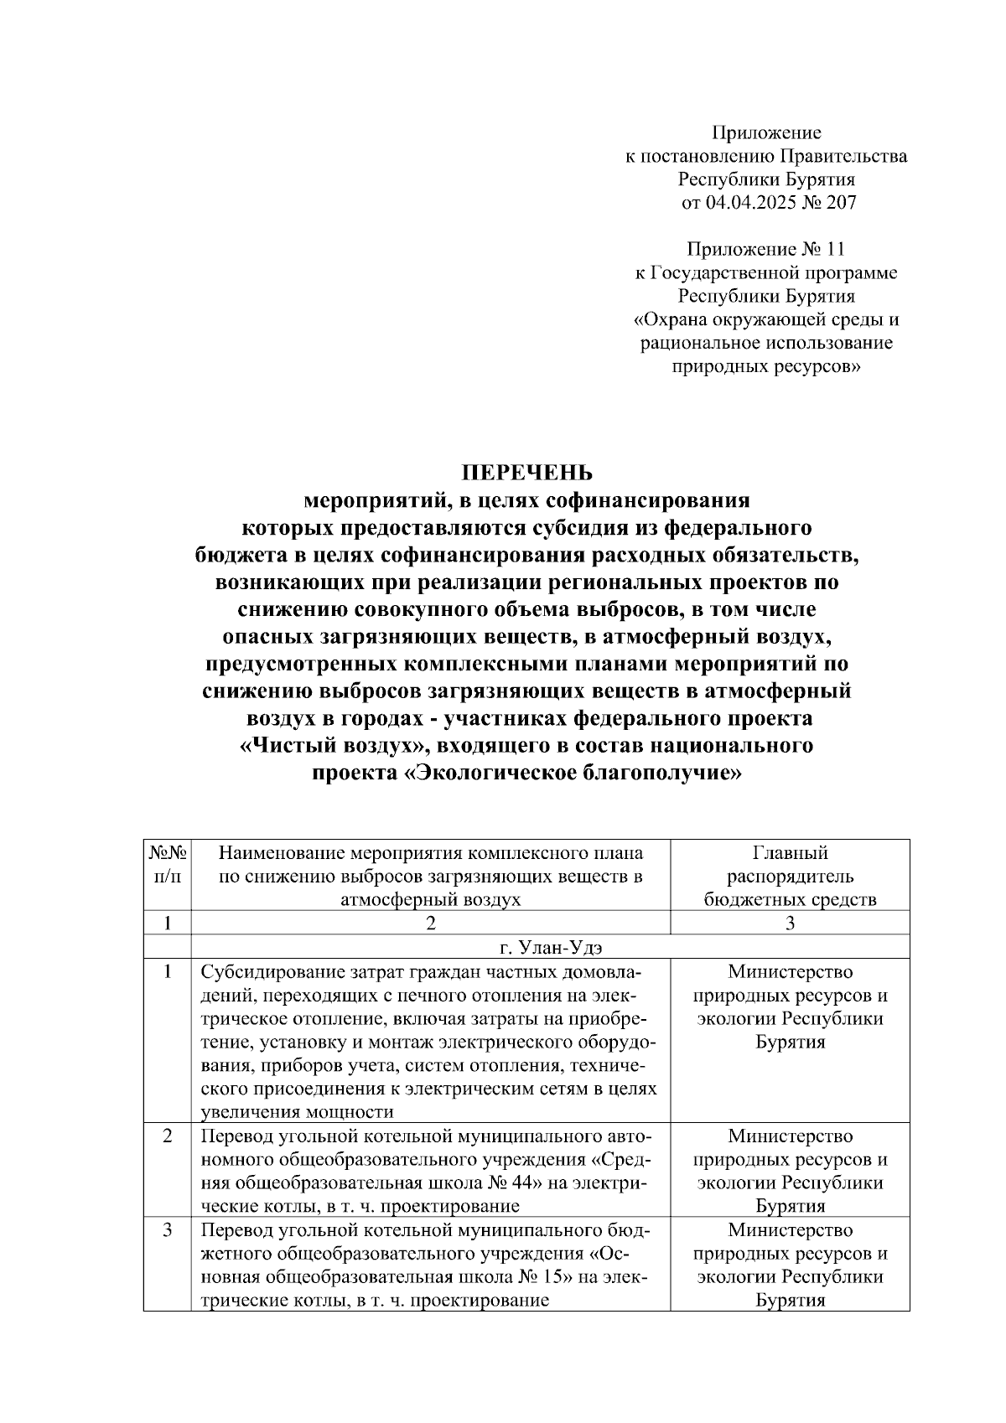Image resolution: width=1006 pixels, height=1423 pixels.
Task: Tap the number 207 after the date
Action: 842,202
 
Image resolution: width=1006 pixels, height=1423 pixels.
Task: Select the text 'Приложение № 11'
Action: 766,249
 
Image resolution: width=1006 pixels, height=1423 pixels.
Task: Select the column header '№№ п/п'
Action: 168,864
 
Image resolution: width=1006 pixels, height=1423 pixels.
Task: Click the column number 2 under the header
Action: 430,923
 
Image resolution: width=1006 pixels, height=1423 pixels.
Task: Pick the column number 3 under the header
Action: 790,923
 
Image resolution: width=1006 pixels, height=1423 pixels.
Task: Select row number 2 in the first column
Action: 168,1137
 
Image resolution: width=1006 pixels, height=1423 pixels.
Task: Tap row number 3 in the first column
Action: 168,1231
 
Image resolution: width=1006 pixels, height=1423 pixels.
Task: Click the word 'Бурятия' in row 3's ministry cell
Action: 790,1301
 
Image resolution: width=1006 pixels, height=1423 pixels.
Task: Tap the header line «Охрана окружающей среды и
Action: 766,319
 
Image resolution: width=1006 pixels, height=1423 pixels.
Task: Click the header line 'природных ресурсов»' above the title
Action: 766,366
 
